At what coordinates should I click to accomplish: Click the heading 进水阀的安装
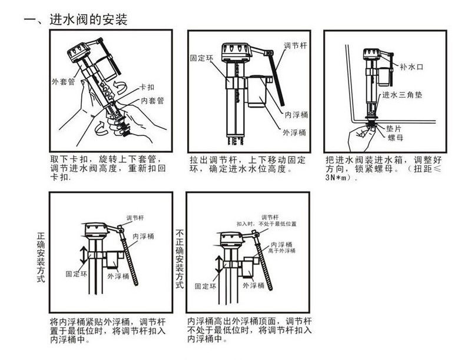[x=88, y=19]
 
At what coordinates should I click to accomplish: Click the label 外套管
[x=63, y=82]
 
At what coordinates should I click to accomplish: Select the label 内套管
[x=152, y=101]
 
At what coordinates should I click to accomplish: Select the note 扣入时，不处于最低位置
[x=267, y=224]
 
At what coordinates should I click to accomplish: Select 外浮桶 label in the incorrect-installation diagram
[x=253, y=285]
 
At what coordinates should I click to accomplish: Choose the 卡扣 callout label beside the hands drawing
[x=148, y=87]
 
